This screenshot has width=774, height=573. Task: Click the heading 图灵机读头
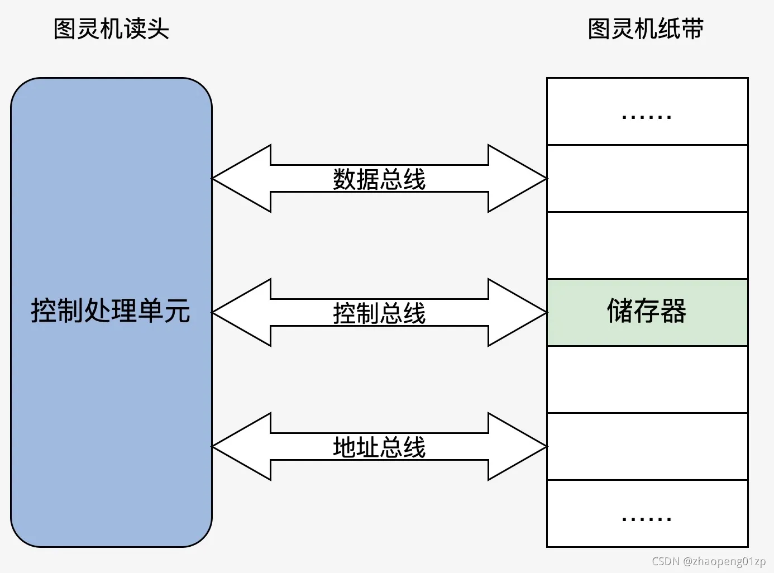[111, 29]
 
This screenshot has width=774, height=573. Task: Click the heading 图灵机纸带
[646, 29]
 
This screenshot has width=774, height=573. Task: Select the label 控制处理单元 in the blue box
[111, 311]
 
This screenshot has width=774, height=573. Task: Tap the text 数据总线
[379, 179]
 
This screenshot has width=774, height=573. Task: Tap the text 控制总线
[379, 313]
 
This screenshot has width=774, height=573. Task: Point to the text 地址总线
[379, 447]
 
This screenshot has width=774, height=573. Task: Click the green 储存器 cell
[647, 312]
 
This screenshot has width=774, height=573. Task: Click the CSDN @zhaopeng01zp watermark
[708, 561]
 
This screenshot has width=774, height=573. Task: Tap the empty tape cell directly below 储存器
[647, 380]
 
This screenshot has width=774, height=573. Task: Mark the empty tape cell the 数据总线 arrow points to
[647, 179]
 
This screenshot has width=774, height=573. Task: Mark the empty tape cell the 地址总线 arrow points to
[647, 447]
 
